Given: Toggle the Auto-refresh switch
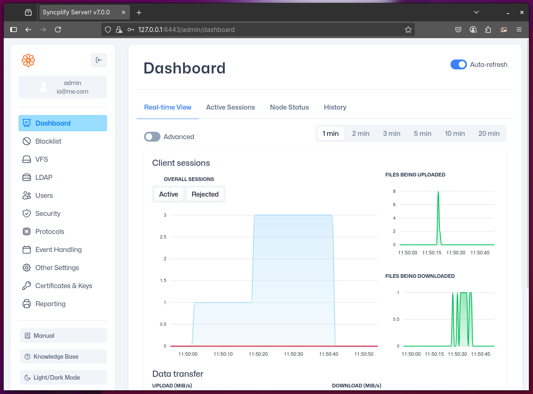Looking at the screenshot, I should [458, 64].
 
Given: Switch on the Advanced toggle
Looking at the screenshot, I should [152, 137].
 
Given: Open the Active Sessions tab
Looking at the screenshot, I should [230, 107].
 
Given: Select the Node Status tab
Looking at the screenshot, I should [289, 107].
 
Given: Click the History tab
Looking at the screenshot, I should [335, 107].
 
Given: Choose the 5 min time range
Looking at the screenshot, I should [422, 133].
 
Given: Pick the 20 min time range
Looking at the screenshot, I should [489, 133].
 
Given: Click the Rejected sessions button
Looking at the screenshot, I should [205, 194].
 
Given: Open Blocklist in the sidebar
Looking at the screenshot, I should [48, 141].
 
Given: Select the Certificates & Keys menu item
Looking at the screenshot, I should [64, 286].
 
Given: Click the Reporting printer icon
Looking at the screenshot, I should [27, 304].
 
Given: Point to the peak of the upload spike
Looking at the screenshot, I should [438, 192].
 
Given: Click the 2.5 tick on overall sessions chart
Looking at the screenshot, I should [163, 237].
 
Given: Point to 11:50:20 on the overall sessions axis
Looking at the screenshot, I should [258, 354].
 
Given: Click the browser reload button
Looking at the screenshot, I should [58, 30].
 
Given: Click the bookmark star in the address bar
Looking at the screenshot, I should [408, 30].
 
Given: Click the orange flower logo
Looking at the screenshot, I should [28, 60].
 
